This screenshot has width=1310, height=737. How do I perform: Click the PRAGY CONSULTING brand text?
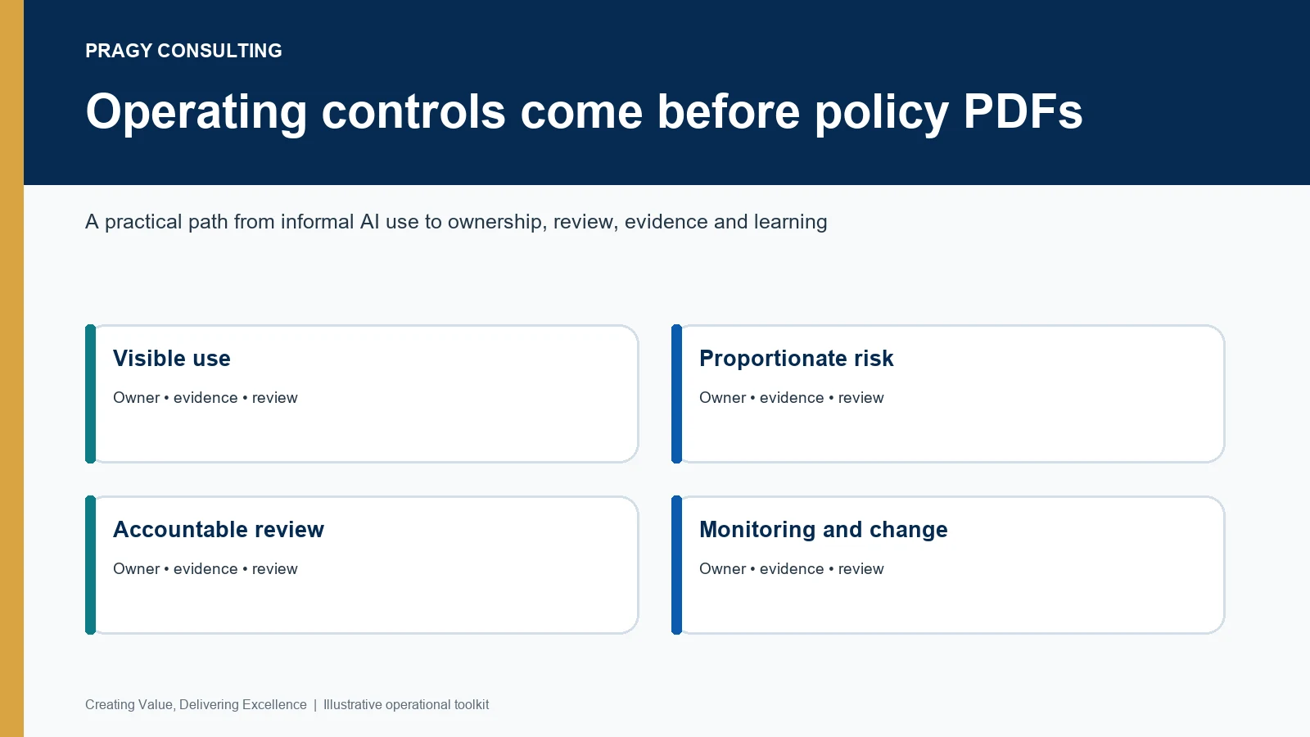click(183, 51)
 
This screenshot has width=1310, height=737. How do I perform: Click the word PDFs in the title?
click(1023, 111)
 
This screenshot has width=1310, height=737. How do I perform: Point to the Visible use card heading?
click(171, 358)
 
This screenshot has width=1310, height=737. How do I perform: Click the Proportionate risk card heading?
click(796, 359)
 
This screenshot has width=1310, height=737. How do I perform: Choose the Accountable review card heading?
click(218, 529)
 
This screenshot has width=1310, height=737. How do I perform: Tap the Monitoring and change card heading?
click(824, 530)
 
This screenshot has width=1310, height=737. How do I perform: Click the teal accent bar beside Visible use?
click(91, 394)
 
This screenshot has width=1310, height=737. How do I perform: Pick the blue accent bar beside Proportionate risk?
click(676, 394)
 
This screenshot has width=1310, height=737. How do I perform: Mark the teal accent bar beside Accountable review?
click(91, 565)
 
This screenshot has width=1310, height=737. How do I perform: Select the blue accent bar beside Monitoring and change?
click(676, 565)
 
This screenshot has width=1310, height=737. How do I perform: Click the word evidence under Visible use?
click(206, 398)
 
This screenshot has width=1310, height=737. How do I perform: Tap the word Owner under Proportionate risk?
click(722, 398)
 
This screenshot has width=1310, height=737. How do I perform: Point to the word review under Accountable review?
click(275, 569)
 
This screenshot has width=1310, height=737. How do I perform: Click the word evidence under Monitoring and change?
click(791, 569)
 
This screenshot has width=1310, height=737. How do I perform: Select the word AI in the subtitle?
click(369, 222)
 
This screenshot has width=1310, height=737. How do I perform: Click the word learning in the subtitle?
click(790, 222)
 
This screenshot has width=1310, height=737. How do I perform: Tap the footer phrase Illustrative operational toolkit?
click(406, 705)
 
